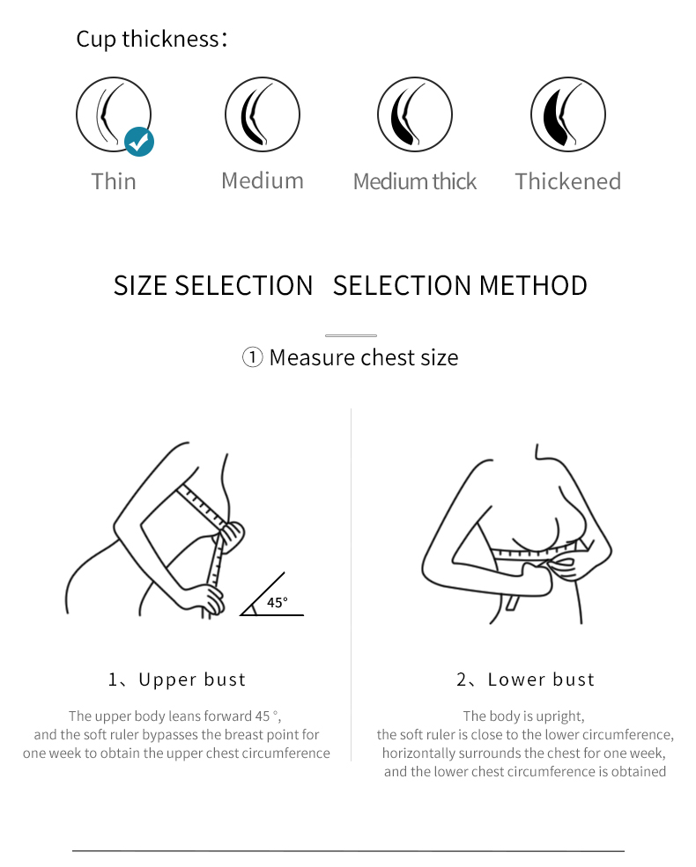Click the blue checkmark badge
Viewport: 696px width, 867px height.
pos(139,142)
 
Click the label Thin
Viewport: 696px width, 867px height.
pos(114,181)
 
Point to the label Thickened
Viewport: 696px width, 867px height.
pos(568,181)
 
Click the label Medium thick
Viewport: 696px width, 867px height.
pos(415,181)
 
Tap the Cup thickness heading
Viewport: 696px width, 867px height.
pos(152,40)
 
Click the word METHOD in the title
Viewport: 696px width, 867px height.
pos(533,286)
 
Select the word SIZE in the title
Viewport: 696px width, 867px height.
pos(141,286)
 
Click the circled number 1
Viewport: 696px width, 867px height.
pos(252,357)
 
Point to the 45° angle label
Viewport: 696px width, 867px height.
pos(278,602)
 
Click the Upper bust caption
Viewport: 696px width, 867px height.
pos(177,680)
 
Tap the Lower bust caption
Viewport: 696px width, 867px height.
pos(526,680)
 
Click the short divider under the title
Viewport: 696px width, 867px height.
pos(351,335)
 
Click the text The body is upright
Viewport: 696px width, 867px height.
pos(524,716)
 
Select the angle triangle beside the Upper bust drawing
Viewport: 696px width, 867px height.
pos(271,594)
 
